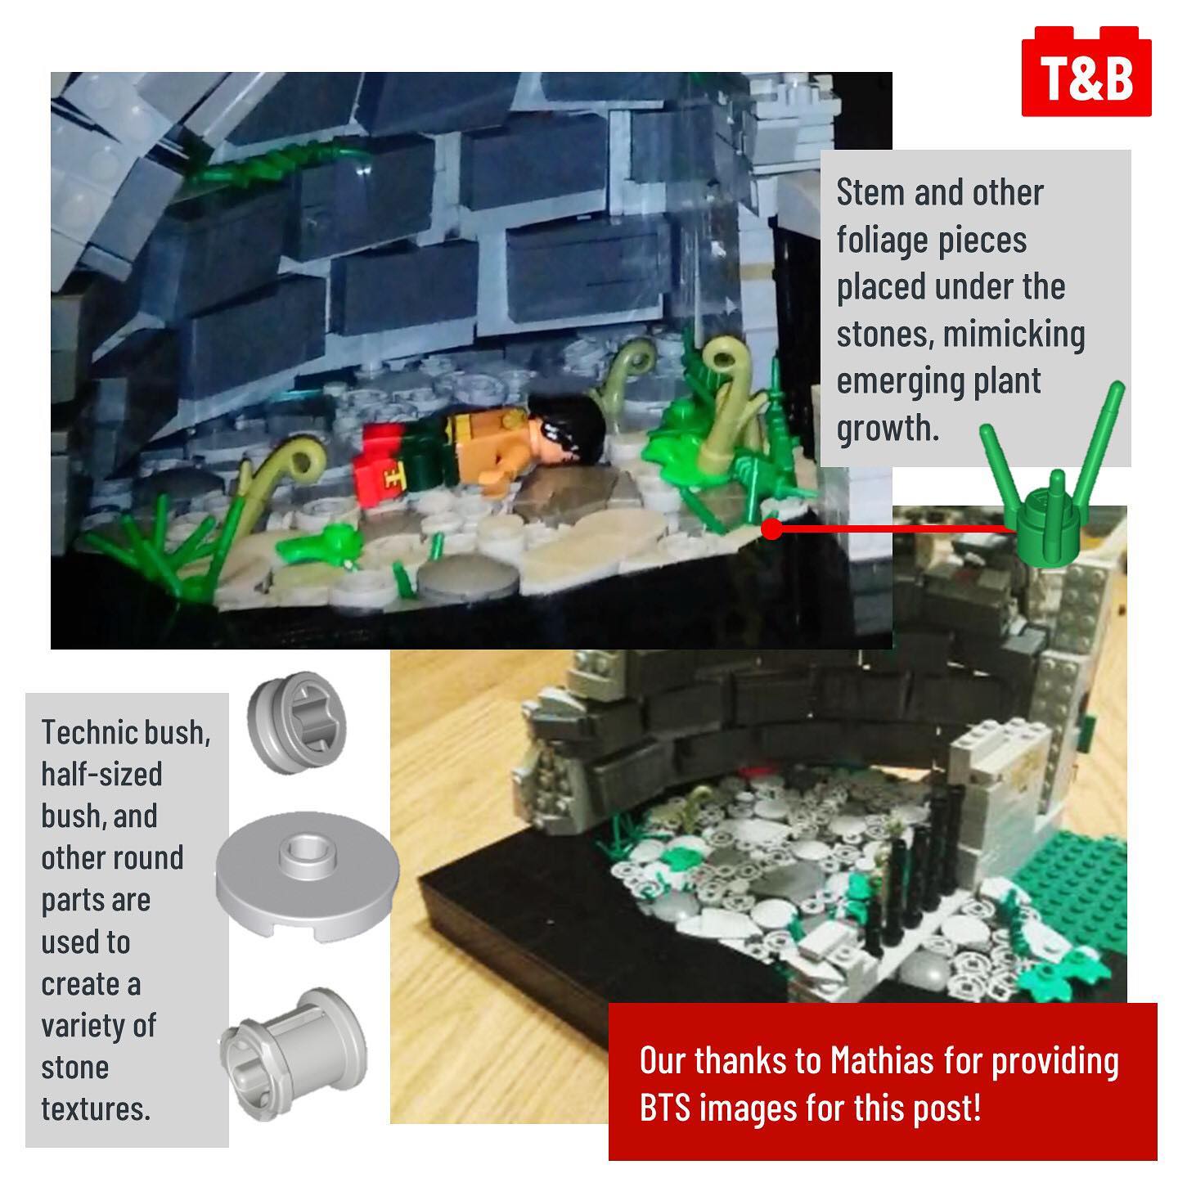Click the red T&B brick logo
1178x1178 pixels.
(x=1086, y=71)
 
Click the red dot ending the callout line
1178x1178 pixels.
(x=772, y=528)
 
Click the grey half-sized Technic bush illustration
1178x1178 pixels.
(x=296, y=723)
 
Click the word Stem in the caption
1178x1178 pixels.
(x=870, y=193)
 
